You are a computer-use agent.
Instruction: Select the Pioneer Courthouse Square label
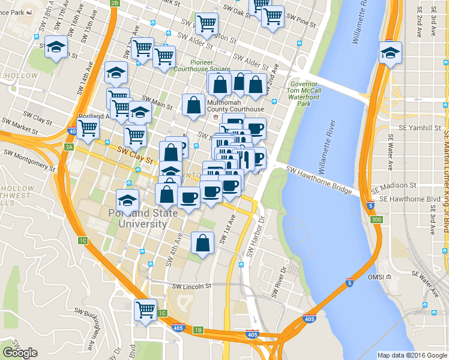coord(211,65)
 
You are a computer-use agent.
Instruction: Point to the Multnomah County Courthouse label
coord(235,106)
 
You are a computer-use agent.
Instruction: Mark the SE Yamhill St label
coord(423,128)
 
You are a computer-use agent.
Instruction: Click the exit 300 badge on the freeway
coord(376,220)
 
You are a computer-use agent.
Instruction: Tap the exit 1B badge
coord(198,329)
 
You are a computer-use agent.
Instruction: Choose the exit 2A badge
coord(70,147)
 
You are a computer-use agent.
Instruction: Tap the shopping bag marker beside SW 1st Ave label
coord(202,243)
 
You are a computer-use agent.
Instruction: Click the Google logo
coord(20,353)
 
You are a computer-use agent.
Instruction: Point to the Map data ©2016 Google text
coord(412,355)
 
